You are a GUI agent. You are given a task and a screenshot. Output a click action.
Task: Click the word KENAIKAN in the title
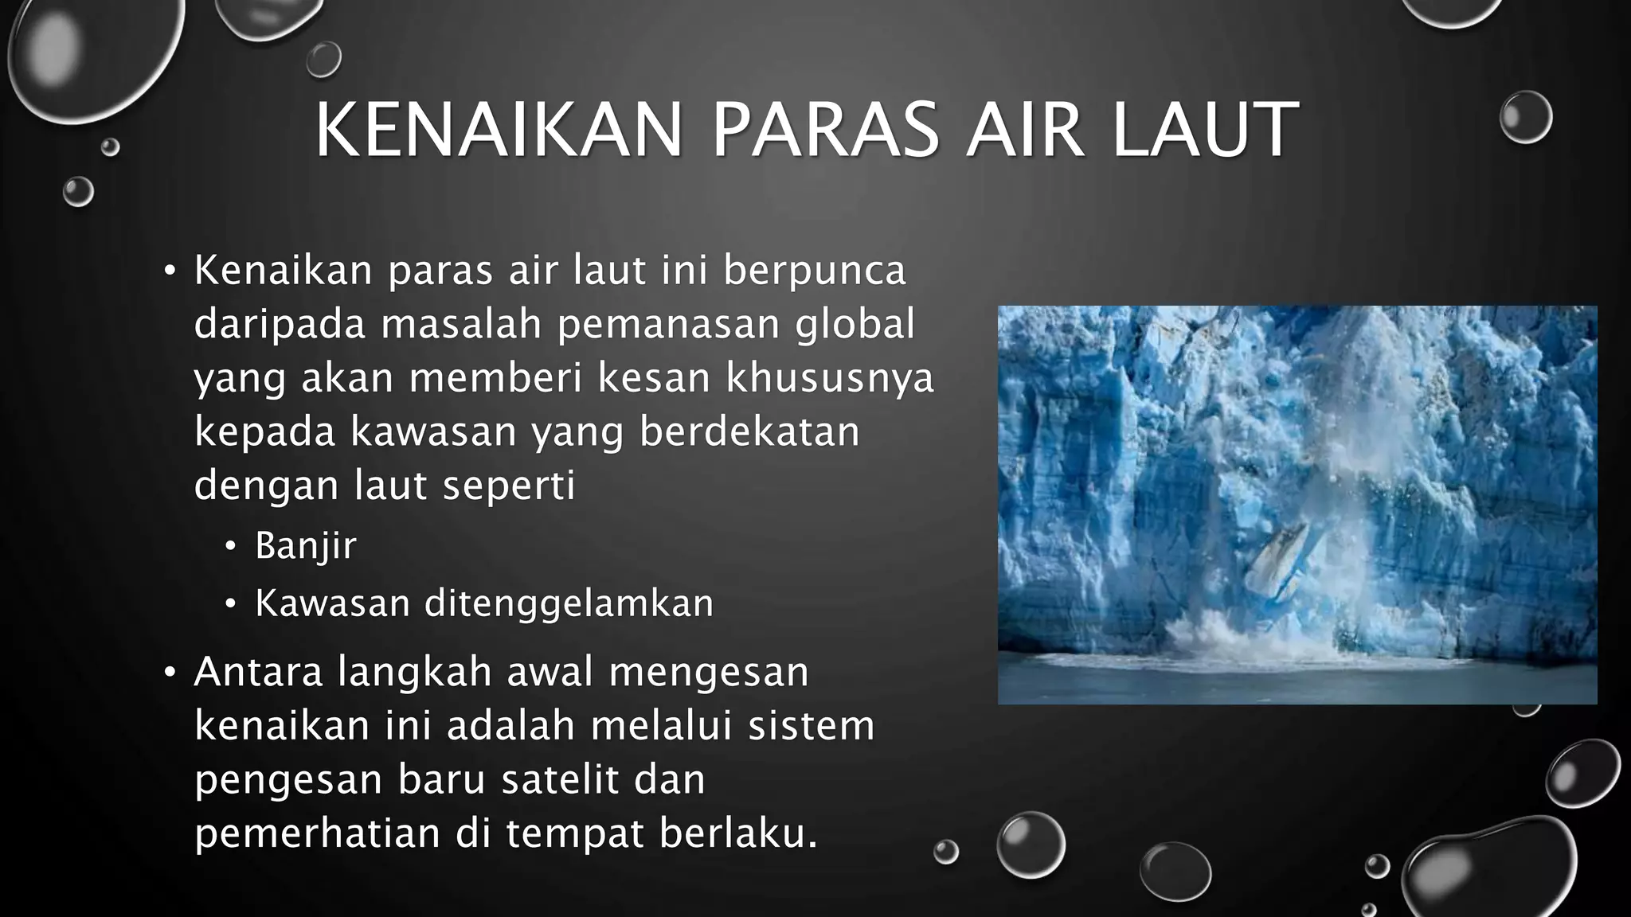(499, 130)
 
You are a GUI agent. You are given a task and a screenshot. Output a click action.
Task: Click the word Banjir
(306, 547)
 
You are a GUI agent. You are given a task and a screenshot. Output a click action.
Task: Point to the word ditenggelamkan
(569, 603)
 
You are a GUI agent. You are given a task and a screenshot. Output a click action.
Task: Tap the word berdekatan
(749, 432)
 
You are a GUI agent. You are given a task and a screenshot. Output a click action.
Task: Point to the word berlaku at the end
(737, 833)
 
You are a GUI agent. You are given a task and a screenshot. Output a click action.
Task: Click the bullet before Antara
(169, 673)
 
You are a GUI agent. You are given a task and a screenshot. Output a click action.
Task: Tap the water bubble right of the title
(1525, 117)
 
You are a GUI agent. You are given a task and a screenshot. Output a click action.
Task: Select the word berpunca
(815, 271)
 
